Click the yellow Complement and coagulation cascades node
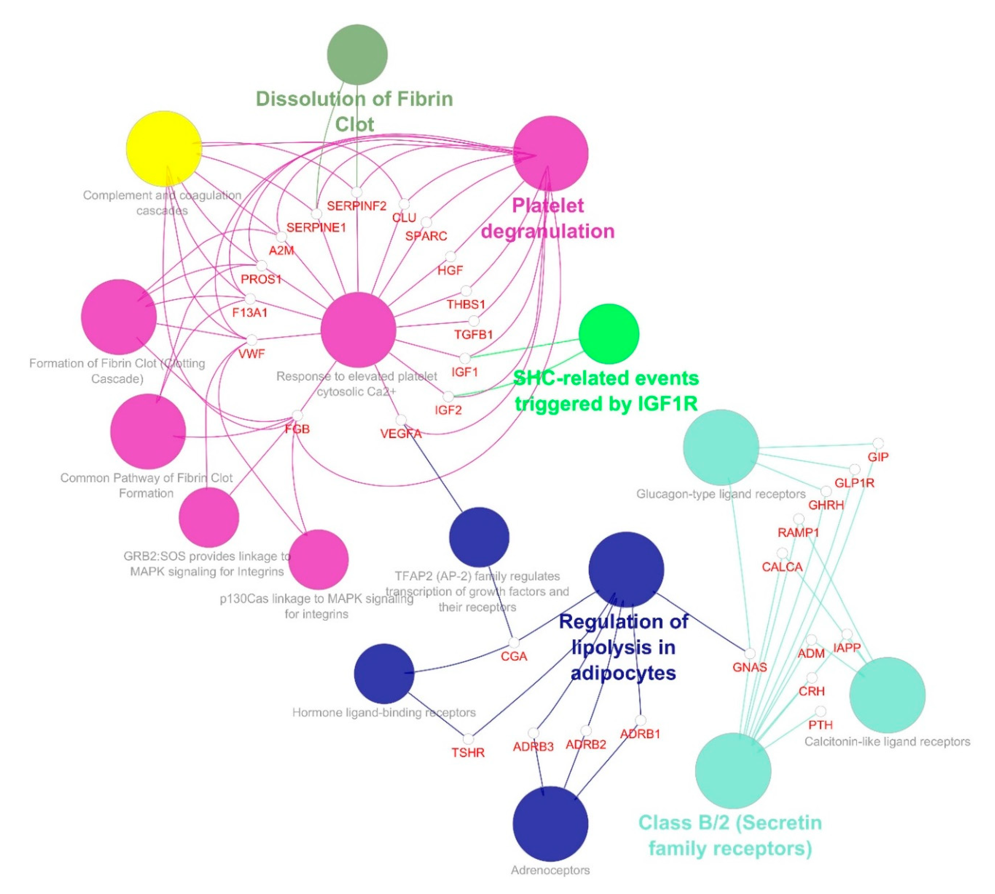(164, 148)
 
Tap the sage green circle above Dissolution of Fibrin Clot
(357, 54)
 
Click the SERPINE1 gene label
(317, 227)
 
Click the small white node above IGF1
(464, 358)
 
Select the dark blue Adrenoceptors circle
(550, 824)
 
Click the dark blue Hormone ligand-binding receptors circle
(384, 674)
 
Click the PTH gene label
(820, 725)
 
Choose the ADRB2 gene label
(586, 745)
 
